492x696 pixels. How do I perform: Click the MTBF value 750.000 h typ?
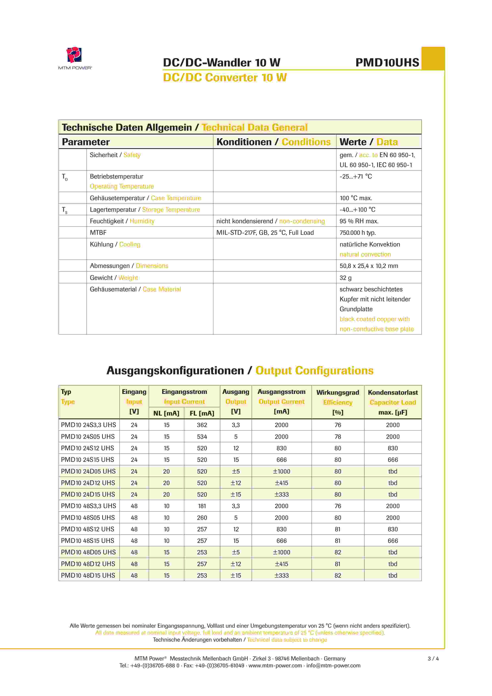click(357, 233)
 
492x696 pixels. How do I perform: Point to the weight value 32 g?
click(345, 278)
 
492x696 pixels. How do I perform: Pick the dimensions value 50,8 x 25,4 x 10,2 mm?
click(369, 266)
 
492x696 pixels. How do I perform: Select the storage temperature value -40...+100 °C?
click(357, 210)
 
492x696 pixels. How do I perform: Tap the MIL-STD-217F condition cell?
click(265, 233)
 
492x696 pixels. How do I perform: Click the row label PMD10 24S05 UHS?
click(88, 437)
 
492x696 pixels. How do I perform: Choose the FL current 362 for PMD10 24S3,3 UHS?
click(202, 425)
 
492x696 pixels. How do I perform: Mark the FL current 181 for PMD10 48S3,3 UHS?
click(202, 506)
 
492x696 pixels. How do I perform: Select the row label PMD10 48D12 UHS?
click(88, 564)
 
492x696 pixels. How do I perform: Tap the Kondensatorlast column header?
click(393, 392)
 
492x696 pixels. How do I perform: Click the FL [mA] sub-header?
click(202, 413)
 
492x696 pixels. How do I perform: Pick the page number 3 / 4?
click(433, 658)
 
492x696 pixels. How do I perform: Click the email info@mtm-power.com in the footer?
click(333, 665)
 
